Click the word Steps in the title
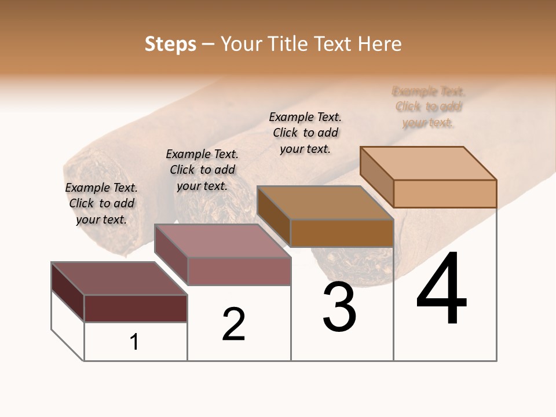(170, 44)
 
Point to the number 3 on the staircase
(339, 307)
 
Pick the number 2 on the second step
(233, 324)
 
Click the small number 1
(134, 342)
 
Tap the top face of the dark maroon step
(119, 278)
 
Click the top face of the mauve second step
(222, 240)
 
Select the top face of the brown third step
(325, 203)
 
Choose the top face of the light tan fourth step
(428, 163)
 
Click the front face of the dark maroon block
(136, 308)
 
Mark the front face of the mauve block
(239, 271)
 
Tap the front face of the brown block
(342, 233)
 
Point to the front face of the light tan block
(445, 193)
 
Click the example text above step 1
(101, 203)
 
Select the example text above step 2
(202, 170)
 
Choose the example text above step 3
(305, 133)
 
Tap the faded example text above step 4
(429, 107)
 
